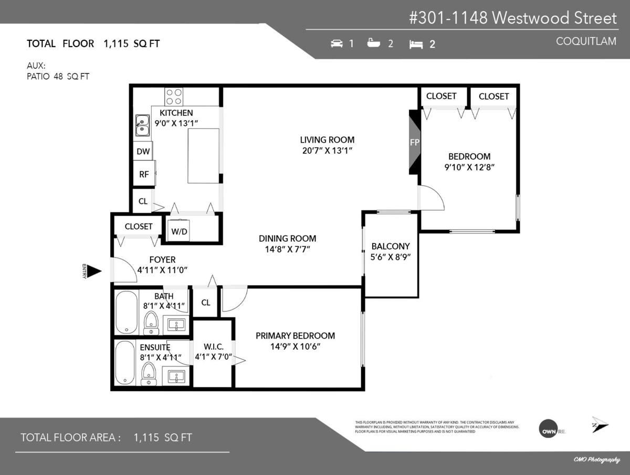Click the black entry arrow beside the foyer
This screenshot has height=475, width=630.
pyautogui.click(x=93, y=271)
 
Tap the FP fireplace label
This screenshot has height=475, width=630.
pyautogui.click(x=414, y=143)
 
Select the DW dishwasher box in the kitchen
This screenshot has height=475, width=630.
pyautogui.click(x=143, y=152)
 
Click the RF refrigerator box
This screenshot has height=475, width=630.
pyautogui.click(x=143, y=175)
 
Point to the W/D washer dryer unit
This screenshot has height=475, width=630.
pyautogui.click(x=179, y=231)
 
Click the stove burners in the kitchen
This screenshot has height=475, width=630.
pyautogui.click(x=174, y=96)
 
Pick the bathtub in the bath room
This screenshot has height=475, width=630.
pyautogui.click(x=126, y=312)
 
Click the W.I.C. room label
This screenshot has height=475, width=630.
pyautogui.click(x=213, y=346)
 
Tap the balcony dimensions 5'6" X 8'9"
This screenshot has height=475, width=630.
pyautogui.click(x=390, y=257)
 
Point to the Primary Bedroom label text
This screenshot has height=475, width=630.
pyautogui.click(x=295, y=336)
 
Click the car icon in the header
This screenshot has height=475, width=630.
pyautogui.click(x=337, y=44)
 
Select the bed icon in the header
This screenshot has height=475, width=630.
pyautogui.click(x=416, y=44)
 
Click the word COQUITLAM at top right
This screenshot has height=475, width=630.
pyautogui.click(x=586, y=41)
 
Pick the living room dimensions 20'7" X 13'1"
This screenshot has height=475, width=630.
pyautogui.click(x=327, y=151)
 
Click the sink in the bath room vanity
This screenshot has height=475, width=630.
pyautogui.click(x=174, y=325)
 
